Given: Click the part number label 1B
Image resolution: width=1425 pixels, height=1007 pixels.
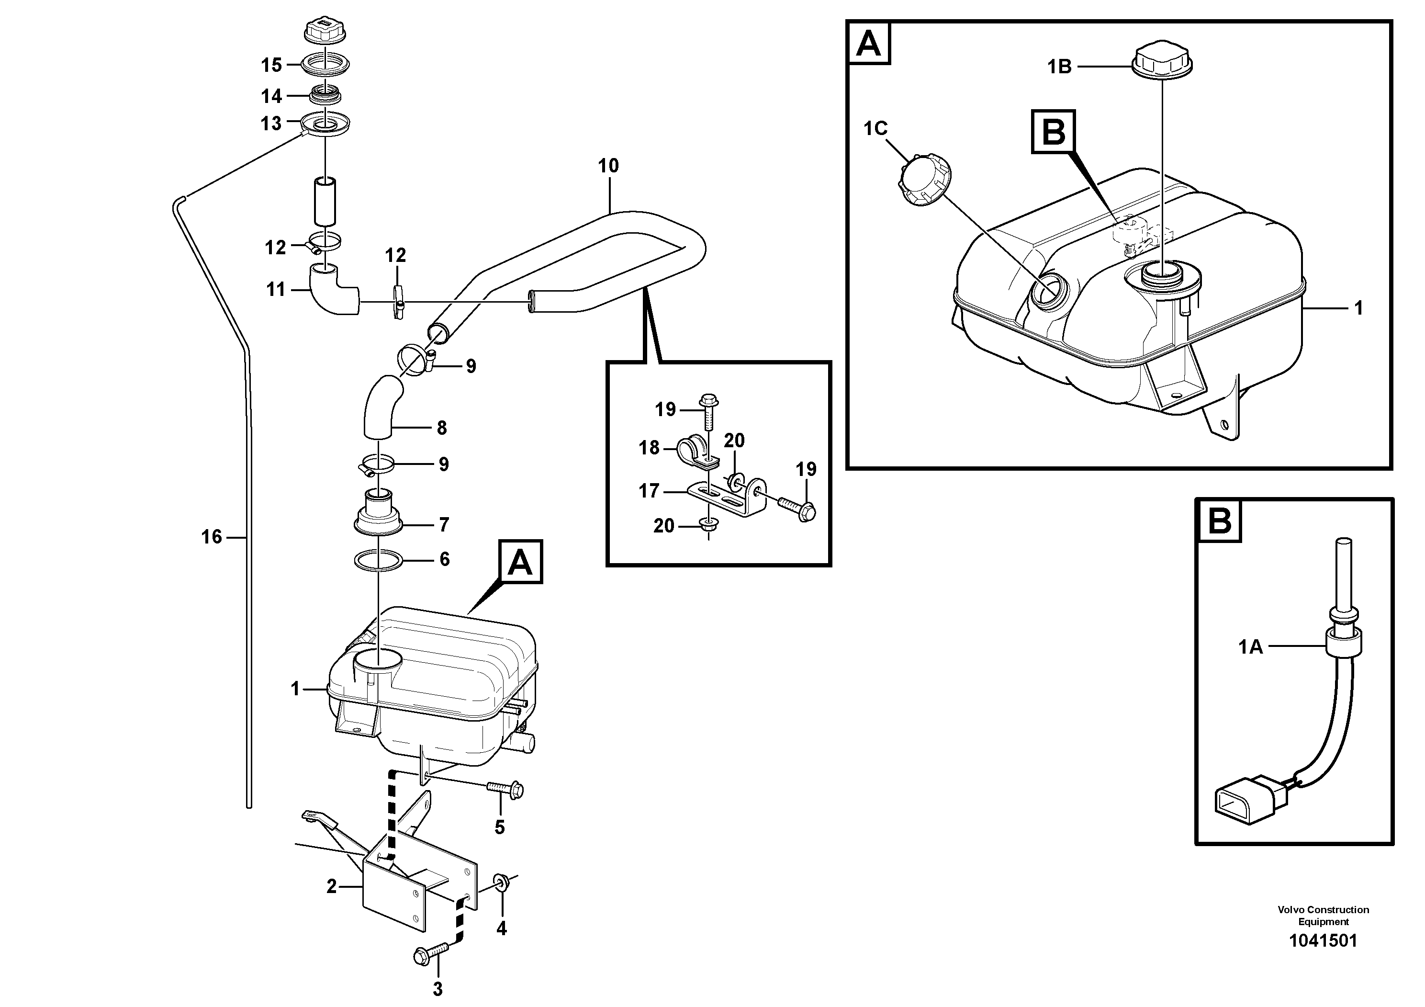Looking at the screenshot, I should tap(1059, 67).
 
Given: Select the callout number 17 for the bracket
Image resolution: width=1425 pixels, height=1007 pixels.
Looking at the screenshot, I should tap(649, 491).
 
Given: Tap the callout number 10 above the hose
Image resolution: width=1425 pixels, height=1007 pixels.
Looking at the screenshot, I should tap(608, 166).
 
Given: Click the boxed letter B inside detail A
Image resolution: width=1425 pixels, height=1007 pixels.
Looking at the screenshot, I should tap(1053, 132).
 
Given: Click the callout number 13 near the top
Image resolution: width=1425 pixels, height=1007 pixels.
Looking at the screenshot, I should tap(270, 124).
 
